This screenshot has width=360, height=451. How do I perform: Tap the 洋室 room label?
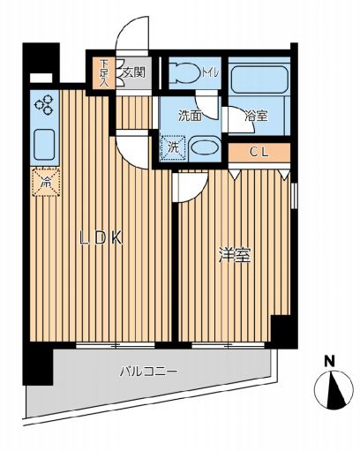point(236,257)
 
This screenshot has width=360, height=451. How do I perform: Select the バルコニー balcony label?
point(149,372)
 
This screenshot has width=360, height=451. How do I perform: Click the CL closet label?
point(258,152)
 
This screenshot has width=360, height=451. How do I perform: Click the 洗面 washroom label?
point(189,115)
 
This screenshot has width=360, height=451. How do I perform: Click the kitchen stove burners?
point(42,106)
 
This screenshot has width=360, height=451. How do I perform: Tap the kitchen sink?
point(42,142)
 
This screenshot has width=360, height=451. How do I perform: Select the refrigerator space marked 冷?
point(43,183)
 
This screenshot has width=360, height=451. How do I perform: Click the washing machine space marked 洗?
point(172,148)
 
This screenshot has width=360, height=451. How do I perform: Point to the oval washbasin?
point(206,149)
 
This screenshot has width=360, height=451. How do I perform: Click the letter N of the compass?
point(328,361)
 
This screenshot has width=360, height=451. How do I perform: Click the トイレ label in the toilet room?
point(213,71)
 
